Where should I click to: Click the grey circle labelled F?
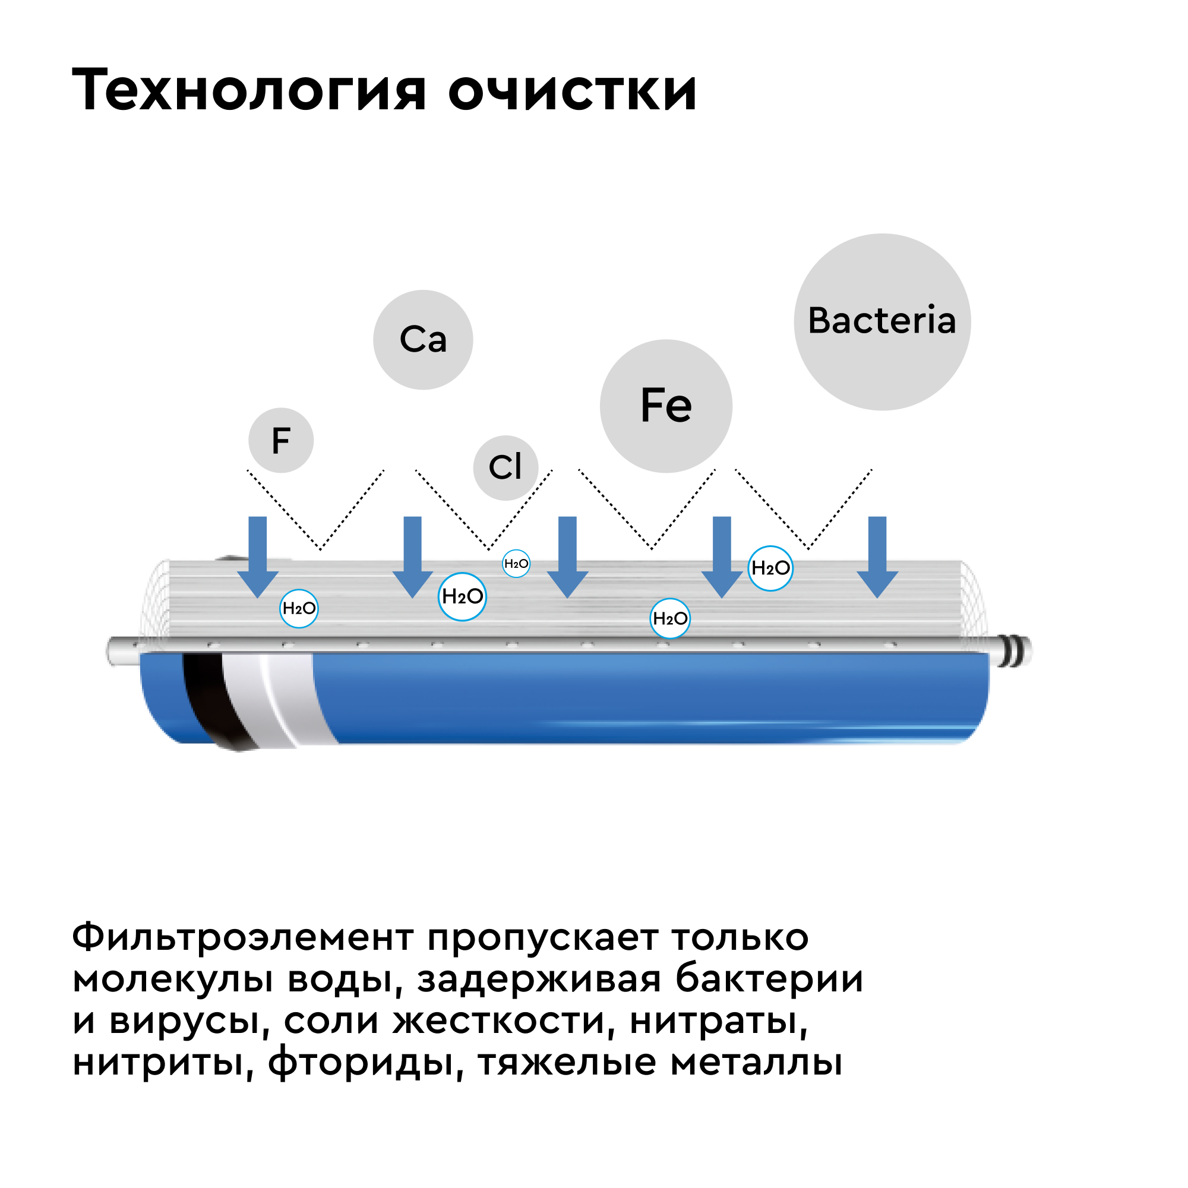click(281, 440)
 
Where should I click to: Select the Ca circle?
click(423, 339)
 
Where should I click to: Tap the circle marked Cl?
click(505, 468)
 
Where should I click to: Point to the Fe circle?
click(666, 406)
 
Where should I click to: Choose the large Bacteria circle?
click(881, 321)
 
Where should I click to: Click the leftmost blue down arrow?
click(258, 557)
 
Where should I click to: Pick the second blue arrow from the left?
click(413, 557)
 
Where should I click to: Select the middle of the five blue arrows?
click(567, 557)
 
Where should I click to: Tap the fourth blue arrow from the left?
click(722, 557)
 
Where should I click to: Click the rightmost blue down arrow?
click(877, 557)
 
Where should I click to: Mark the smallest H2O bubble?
click(516, 563)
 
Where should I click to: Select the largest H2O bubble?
click(462, 596)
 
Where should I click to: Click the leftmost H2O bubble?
click(299, 609)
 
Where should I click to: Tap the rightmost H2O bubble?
click(770, 568)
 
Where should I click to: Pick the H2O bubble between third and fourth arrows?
click(670, 618)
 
